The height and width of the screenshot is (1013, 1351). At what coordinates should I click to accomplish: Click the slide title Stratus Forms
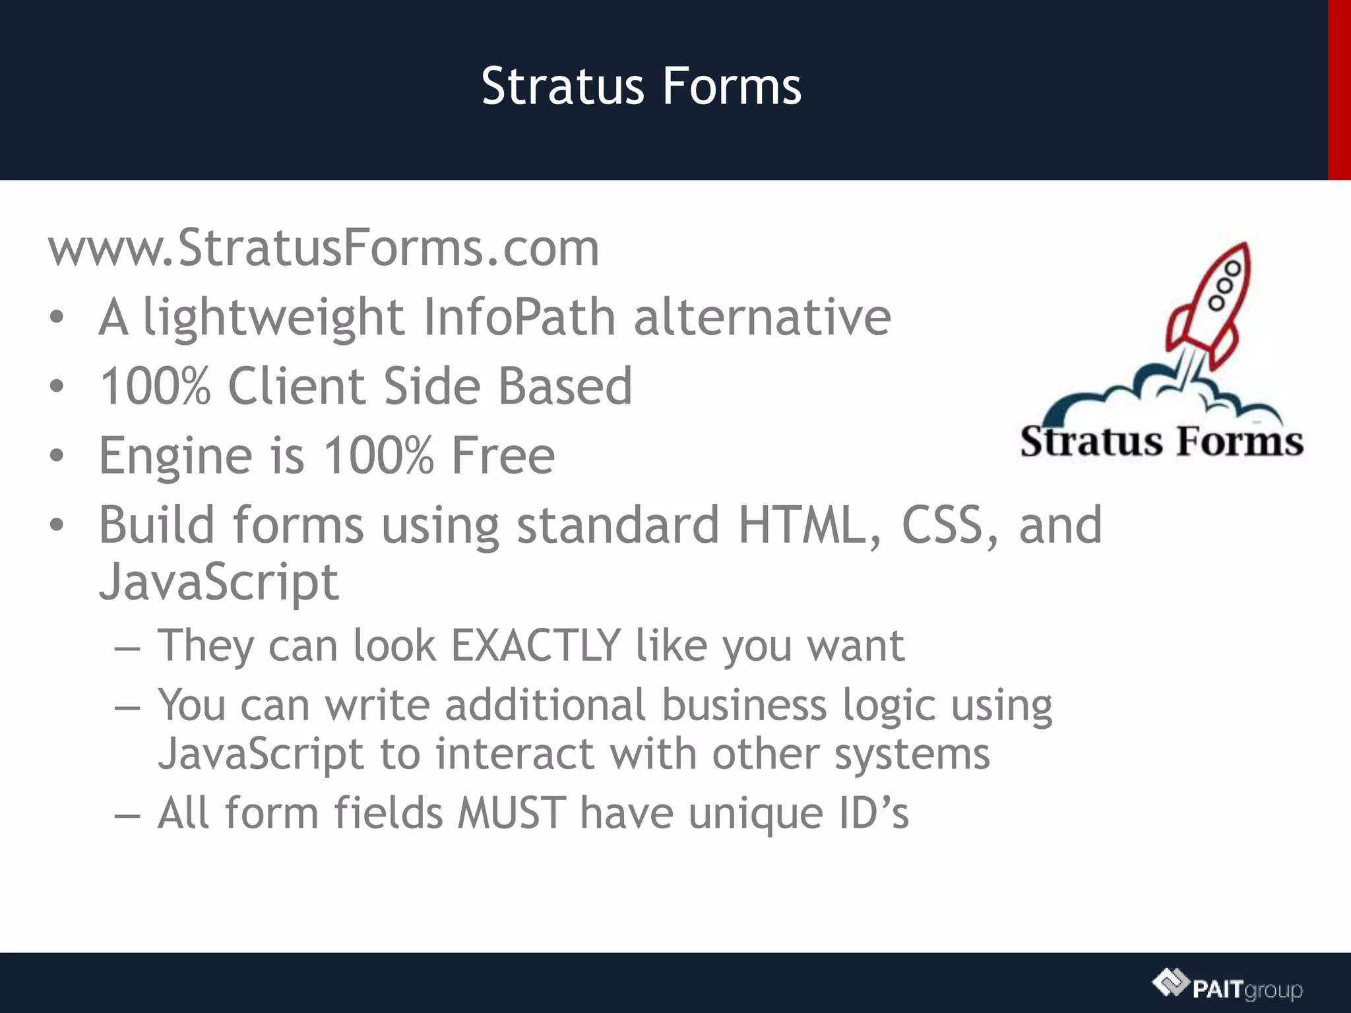click(641, 86)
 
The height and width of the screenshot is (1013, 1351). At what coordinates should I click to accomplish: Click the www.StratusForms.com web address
click(324, 248)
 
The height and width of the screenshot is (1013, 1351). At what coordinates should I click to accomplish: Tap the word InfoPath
click(519, 317)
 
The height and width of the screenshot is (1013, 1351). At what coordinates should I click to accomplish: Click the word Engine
click(175, 456)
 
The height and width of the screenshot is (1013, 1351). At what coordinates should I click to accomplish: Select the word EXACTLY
click(536, 645)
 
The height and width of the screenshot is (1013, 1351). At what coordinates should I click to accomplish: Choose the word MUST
click(512, 813)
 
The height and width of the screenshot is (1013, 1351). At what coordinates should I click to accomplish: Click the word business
click(744, 705)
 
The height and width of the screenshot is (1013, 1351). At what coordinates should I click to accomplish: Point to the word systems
click(912, 754)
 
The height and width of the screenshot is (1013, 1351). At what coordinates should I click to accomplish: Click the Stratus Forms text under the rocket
click(1162, 441)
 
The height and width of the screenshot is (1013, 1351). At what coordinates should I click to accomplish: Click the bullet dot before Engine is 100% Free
click(57, 456)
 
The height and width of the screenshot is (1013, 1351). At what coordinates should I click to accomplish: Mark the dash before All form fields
click(127, 815)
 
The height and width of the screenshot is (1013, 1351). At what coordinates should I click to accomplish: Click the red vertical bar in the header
click(1339, 90)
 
